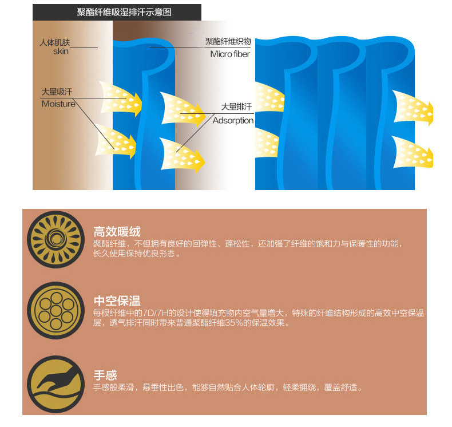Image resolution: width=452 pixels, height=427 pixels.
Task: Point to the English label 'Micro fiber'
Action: coord(230,54)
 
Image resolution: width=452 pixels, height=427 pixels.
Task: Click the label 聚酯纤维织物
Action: coord(228,41)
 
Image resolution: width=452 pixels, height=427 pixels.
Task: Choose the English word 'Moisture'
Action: coord(58,104)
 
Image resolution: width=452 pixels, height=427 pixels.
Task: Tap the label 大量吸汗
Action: coord(57,92)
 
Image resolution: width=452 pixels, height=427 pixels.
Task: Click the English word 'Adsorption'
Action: coord(233,121)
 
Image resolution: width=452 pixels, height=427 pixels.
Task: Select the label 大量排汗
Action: coord(237,107)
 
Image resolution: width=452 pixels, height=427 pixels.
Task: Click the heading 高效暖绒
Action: coord(117,232)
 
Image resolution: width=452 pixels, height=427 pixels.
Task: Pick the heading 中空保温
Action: coord(117,301)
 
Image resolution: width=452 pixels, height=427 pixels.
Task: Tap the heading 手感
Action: coord(105,375)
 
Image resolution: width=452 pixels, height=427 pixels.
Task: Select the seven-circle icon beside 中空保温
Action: coord(54,310)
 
